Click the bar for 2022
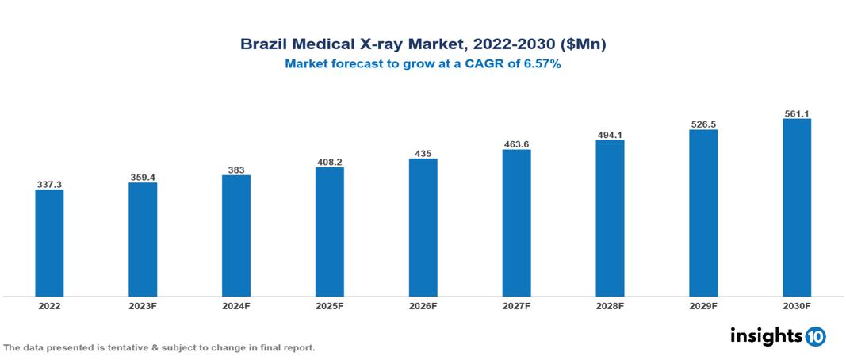(49, 243)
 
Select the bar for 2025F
(329, 232)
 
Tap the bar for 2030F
(796, 208)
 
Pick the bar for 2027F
(516, 223)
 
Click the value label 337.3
(49, 184)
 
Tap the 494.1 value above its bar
(610, 134)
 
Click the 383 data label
(236, 169)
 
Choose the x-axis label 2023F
(143, 306)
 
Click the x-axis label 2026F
(423, 306)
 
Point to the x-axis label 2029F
(703, 306)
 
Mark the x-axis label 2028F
(610, 306)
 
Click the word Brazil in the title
(264, 44)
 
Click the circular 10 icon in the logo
(815, 336)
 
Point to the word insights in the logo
(766, 335)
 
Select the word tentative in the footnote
(110, 348)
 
